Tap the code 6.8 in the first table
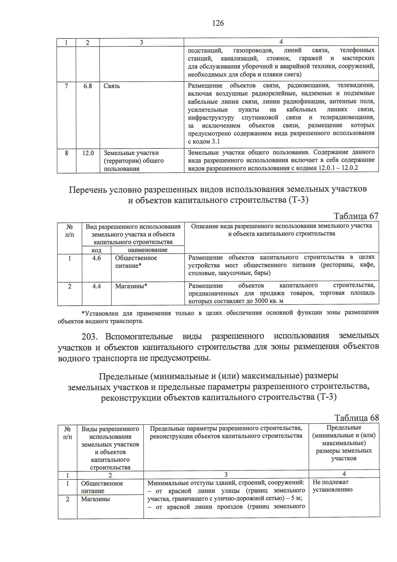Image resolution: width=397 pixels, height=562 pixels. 88,86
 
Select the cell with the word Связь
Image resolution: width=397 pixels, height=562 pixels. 112,86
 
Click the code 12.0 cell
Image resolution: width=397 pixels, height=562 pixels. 88,153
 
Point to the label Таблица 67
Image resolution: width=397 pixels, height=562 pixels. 356,216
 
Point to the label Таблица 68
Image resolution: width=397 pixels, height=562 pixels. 357,418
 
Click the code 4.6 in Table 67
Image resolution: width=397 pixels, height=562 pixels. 96,258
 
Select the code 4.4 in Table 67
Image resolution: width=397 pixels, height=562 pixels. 96,286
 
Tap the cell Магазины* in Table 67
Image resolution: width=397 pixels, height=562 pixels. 131,286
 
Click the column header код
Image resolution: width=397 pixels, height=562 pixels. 96,250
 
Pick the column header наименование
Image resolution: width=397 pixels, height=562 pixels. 148,250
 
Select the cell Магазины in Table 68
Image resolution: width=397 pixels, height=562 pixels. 95,499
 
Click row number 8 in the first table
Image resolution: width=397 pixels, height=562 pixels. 66,153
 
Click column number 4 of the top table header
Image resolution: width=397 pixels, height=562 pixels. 281,42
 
